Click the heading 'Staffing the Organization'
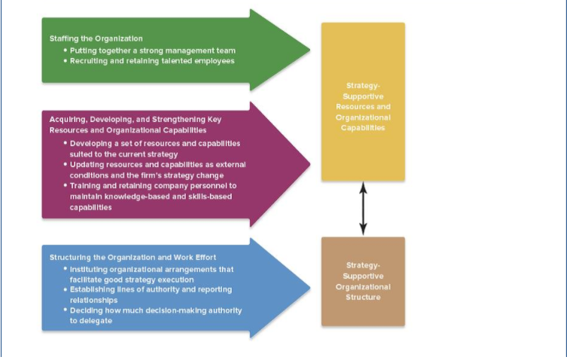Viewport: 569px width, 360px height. [x=96, y=38]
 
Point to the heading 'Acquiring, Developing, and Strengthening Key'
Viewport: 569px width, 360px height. [x=135, y=120]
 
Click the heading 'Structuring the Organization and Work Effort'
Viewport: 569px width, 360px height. [x=133, y=258]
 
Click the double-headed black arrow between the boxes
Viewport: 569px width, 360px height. [x=364, y=209]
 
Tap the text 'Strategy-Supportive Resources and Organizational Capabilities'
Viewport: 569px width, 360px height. [x=363, y=107]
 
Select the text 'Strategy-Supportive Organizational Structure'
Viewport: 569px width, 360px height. [x=363, y=281]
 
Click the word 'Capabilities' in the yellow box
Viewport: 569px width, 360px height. [x=363, y=128]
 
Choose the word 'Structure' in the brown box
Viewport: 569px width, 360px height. [x=363, y=297]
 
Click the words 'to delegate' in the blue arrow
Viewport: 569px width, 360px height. [x=91, y=321]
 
